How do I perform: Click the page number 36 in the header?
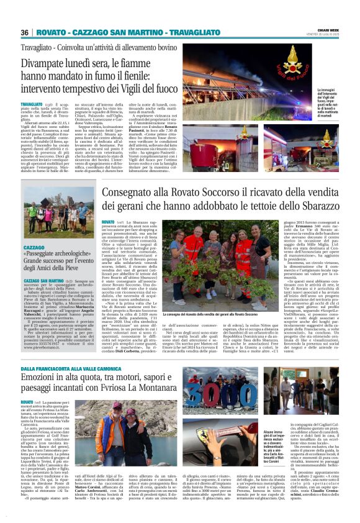point(25,32)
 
